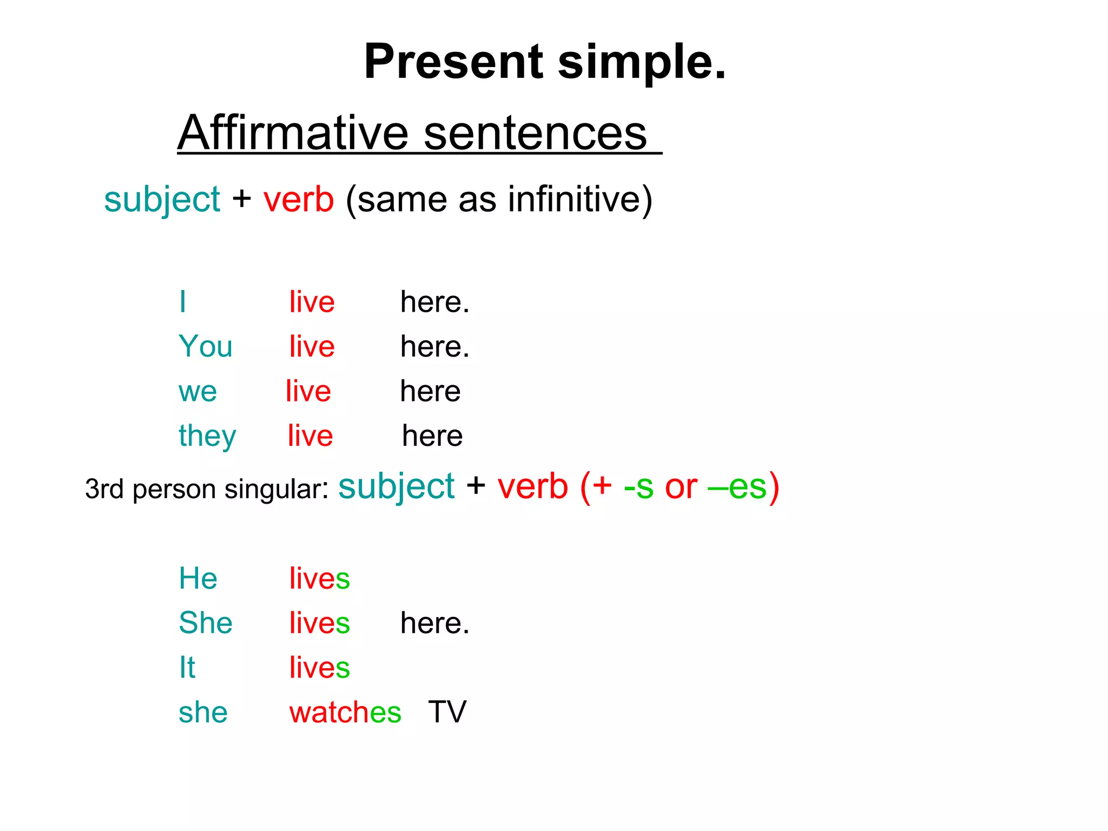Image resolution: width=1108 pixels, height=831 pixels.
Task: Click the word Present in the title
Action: (453, 62)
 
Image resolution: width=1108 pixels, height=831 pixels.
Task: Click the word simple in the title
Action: (641, 63)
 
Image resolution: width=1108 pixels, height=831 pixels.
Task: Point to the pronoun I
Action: (183, 302)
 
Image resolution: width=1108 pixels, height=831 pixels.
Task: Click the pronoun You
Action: (206, 346)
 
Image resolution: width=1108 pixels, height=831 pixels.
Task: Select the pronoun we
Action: (197, 392)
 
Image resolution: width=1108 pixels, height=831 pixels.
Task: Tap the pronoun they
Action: (207, 436)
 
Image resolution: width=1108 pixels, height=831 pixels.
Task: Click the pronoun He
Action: (198, 578)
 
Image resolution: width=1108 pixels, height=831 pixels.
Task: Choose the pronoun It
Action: (187, 668)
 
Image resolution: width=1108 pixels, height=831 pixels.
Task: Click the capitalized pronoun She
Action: (206, 623)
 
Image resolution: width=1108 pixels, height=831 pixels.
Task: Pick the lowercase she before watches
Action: (203, 713)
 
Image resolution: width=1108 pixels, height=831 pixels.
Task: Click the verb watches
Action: (345, 713)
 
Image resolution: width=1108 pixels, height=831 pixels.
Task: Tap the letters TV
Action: (447, 712)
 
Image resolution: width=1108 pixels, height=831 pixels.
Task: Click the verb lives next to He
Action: (319, 578)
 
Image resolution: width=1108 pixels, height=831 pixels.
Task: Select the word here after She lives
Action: (434, 623)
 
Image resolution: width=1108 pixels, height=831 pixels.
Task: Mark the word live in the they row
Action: (310, 436)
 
